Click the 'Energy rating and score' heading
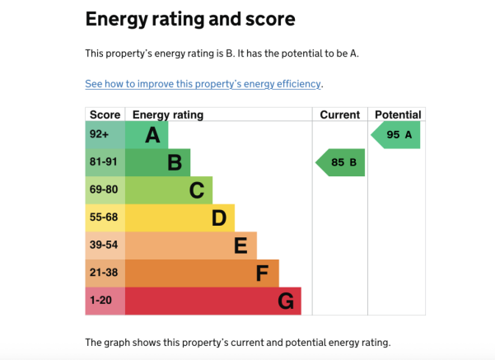[x=190, y=18]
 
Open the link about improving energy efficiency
[x=203, y=84]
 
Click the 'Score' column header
[x=105, y=115]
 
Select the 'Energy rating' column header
[x=168, y=115]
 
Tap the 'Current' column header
[x=339, y=115]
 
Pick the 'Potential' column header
[x=397, y=115]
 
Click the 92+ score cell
[x=100, y=134]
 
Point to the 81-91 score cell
[x=104, y=162]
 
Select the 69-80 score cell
[x=104, y=190]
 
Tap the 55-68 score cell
[x=104, y=217]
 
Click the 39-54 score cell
[x=104, y=245]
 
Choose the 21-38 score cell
[x=104, y=274]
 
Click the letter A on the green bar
[x=152, y=135]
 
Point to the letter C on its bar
[x=196, y=190]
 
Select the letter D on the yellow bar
[x=218, y=218]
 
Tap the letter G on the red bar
[x=285, y=302]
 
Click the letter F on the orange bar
[x=263, y=274]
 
